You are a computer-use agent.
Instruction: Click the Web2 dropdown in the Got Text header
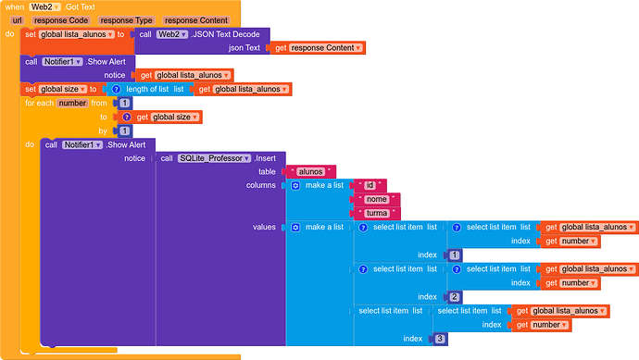click(x=44, y=6)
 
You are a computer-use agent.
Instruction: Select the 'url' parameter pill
click(x=17, y=20)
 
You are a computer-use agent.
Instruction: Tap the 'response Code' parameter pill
click(x=61, y=20)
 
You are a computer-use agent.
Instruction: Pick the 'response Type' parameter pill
click(x=126, y=20)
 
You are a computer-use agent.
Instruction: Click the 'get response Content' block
click(x=318, y=48)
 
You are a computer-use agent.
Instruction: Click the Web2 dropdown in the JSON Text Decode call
click(x=172, y=34)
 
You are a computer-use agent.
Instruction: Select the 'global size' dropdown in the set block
click(x=63, y=89)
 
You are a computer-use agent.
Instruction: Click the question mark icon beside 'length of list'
click(x=116, y=89)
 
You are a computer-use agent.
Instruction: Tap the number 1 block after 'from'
click(x=125, y=103)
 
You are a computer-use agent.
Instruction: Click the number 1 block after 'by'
click(x=125, y=131)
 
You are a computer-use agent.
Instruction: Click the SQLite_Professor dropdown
click(x=214, y=158)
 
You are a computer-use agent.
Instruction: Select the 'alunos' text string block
click(x=310, y=172)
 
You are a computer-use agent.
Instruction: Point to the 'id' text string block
click(x=370, y=186)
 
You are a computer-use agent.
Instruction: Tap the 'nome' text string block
click(x=377, y=200)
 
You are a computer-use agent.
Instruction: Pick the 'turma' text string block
click(x=377, y=214)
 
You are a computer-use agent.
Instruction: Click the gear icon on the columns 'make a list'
click(x=295, y=186)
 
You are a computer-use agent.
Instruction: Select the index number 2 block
click(x=455, y=297)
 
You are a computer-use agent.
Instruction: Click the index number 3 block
click(x=440, y=339)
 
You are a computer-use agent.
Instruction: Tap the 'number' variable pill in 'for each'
click(x=72, y=103)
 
